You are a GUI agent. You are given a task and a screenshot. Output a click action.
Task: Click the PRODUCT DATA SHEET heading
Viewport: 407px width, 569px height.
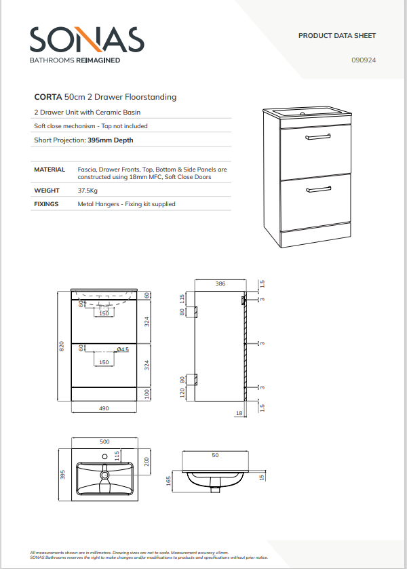pyautogui.click(x=336, y=36)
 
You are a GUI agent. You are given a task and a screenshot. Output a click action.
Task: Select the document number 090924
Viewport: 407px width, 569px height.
pyautogui.click(x=364, y=60)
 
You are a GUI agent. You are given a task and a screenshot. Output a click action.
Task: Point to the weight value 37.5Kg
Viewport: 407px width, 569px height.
pyautogui.click(x=88, y=191)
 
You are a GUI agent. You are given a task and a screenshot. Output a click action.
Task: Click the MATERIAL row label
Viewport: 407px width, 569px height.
pyautogui.click(x=50, y=170)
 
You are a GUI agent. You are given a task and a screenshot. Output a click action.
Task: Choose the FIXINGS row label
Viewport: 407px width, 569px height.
pyautogui.click(x=46, y=204)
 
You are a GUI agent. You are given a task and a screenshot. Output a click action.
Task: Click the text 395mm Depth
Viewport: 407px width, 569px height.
pyautogui.click(x=111, y=140)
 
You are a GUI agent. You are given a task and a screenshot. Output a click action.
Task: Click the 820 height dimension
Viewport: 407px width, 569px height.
pyautogui.click(x=62, y=346)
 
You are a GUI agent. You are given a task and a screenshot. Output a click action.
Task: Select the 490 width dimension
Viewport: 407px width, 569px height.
pyautogui.click(x=104, y=409)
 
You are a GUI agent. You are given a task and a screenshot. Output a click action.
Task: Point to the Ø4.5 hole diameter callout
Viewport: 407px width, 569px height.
pyautogui.click(x=123, y=349)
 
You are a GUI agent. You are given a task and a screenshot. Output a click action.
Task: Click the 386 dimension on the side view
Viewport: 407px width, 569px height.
pyautogui.click(x=220, y=284)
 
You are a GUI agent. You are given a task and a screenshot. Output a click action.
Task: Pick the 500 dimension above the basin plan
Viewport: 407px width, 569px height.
pyautogui.click(x=104, y=442)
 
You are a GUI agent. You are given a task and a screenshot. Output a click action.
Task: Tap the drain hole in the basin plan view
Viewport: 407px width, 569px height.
pyautogui.click(x=105, y=476)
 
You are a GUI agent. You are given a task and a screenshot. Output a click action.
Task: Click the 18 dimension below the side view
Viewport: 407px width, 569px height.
pyautogui.click(x=239, y=412)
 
